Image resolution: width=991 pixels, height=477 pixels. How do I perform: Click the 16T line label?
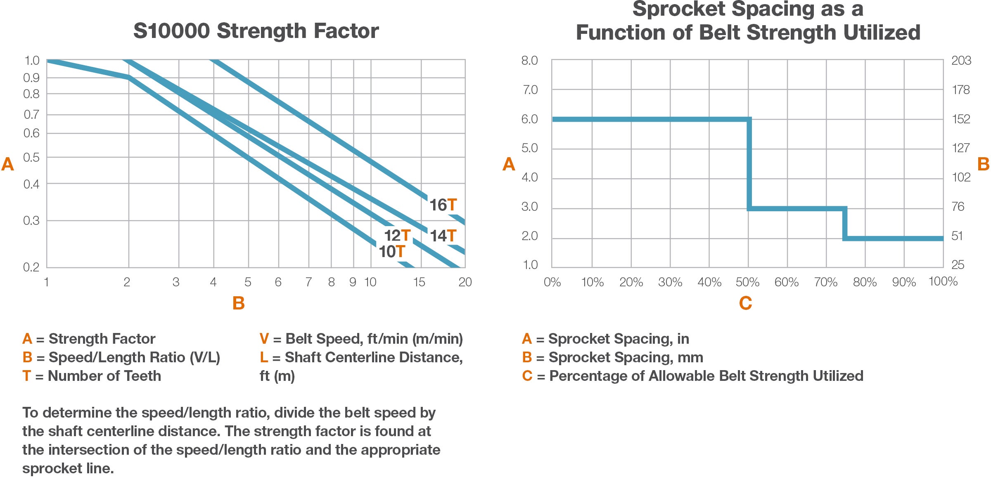[x=443, y=205]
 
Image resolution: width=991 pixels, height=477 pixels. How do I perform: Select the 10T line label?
[x=392, y=252]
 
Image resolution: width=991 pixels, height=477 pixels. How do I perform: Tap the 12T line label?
[x=397, y=236]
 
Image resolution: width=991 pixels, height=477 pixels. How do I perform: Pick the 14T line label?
[x=443, y=236]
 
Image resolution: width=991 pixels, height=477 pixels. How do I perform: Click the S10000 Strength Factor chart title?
[x=256, y=31]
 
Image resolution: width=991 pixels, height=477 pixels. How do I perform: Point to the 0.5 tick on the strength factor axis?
[x=31, y=158]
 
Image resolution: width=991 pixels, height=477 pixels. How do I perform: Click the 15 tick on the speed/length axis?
[x=419, y=282]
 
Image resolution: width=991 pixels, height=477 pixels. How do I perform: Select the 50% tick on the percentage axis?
[x=747, y=282]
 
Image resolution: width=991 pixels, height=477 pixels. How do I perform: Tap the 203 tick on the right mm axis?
[x=961, y=61]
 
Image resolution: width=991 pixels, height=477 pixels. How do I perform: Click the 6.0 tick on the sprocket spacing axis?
[x=529, y=119]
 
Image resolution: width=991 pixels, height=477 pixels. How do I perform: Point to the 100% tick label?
[x=943, y=281]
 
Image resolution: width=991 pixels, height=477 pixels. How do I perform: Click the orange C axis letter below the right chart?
[x=745, y=303]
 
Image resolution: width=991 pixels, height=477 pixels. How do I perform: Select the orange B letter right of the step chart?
[x=983, y=164]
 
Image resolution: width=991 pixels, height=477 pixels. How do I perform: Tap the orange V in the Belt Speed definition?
[x=264, y=339]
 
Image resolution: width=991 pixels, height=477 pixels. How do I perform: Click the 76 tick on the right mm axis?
[x=958, y=207]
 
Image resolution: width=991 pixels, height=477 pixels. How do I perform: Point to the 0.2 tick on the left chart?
[x=31, y=267]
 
